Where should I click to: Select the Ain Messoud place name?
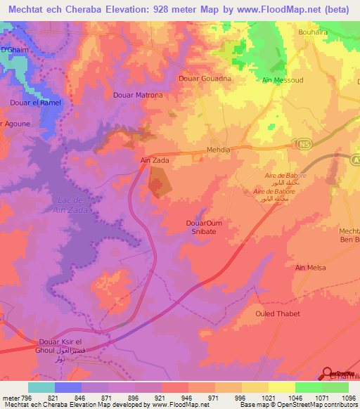pyautogui.click(x=282, y=80)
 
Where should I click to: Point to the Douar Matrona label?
pyautogui.click(x=138, y=95)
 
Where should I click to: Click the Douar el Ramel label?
pyautogui.click(x=35, y=103)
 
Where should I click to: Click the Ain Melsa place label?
pyautogui.click(x=311, y=267)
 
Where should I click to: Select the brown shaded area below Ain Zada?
pyautogui.click(x=158, y=186)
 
